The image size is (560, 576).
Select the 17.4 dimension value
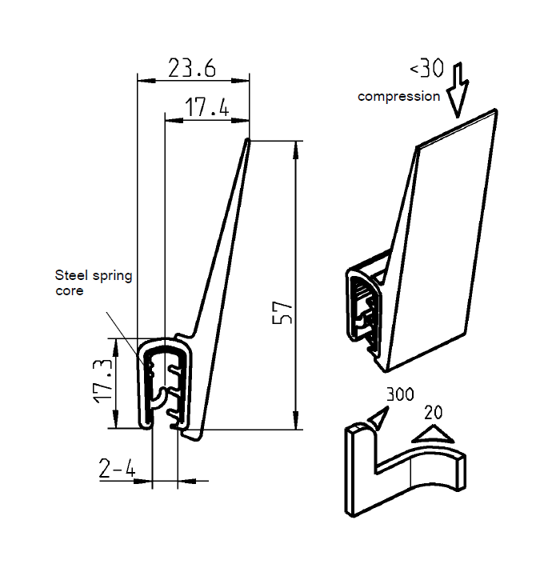[x=207, y=107]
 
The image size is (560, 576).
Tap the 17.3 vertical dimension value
[x=102, y=382]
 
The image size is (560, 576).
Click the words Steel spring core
[x=93, y=282]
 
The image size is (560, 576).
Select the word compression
[x=398, y=96]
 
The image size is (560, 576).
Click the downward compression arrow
[x=459, y=90]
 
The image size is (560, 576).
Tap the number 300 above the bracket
[x=399, y=394]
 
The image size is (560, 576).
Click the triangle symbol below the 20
[x=430, y=434]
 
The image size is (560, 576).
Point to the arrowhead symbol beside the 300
[x=376, y=416]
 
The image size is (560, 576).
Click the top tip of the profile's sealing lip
[x=247, y=142]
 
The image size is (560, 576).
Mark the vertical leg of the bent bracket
[x=357, y=472]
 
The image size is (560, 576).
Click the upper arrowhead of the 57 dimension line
[x=298, y=146]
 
